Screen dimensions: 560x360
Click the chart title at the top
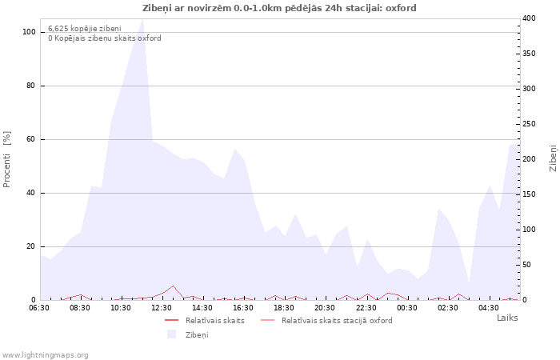[x=279, y=8]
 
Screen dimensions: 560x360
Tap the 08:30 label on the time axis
[x=80, y=308]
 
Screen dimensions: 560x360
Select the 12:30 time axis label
[x=162, y=308]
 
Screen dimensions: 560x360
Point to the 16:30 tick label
[x=243, y=308]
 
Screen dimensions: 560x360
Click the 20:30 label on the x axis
[x=325, y=308]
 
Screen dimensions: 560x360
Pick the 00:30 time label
[x=406, y=308]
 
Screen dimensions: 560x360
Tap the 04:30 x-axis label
[x=489, y=308]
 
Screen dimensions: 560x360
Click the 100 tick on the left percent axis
[x=29, y=32]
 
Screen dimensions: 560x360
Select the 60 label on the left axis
[x=31, y=139]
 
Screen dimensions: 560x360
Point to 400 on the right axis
[x=529, y=18]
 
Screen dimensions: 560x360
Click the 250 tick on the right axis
[x=529, y=124]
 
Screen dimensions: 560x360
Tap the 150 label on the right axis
[x=529, y=194]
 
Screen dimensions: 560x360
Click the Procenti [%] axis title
[x=6, y=159]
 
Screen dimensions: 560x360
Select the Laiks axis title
[x=507, y=318]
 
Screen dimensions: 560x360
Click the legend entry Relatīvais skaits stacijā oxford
[x=337, y=321]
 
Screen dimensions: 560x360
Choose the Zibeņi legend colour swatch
[x=172, y=334]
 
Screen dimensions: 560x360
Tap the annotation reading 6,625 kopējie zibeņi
[x=85, y=29]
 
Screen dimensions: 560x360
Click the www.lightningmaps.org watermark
[x=45, y=355]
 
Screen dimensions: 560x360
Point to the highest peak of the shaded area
[x=143, y=19]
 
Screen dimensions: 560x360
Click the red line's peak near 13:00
[x=174, y=286]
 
